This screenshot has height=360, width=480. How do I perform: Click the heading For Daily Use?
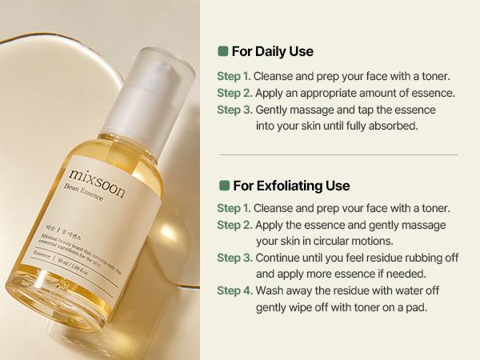coord(272,52)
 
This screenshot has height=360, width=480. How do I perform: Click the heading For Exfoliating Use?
coord(290,186)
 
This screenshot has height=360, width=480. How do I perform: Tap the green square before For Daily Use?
coord(223,52)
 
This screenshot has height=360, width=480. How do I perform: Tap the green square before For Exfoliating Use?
coord(223,186)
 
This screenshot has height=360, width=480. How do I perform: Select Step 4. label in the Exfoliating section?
coord(234,290)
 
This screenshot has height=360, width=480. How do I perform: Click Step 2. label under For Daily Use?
coord(234,94)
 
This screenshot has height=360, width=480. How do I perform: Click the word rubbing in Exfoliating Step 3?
coord(403,258)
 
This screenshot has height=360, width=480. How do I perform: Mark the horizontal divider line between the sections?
coord(338,154)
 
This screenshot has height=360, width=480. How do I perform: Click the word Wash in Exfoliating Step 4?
coord(270,290)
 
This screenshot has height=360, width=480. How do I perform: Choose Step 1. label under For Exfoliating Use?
coord(234,208)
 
